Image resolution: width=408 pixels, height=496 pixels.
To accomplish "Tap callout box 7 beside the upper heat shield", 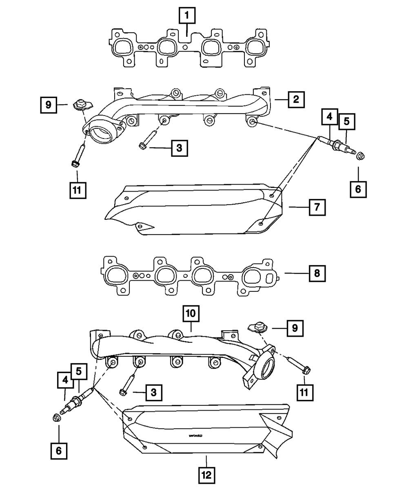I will (x=317, y=207).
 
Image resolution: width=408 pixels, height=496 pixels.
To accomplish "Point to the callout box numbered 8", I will (x=317, y=273).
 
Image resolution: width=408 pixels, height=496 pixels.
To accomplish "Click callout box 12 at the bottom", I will (x=206, y=475).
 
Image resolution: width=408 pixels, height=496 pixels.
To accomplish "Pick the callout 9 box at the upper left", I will (x=49, y=105).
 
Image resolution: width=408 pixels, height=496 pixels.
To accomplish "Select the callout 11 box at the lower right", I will (x=304, y=391).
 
